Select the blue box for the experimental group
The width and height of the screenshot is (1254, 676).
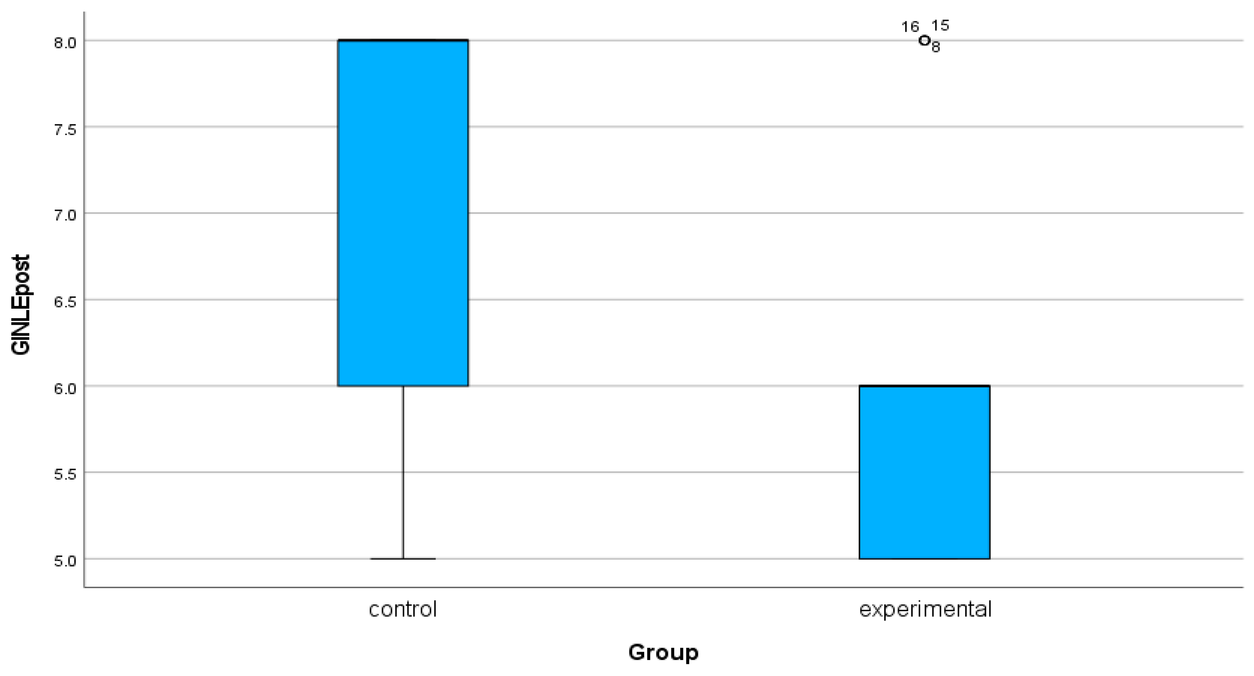[924, 472]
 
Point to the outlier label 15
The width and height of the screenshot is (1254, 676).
[940, 25]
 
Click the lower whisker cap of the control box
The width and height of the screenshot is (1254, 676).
[403, 559]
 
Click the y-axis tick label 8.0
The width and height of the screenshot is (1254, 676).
[65, 43]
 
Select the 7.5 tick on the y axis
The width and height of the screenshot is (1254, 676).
[65, 129]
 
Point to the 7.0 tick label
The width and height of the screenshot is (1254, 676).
[65, 215]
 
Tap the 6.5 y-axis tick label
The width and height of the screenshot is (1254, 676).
[65, 302]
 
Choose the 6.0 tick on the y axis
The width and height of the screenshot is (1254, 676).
[65, 388]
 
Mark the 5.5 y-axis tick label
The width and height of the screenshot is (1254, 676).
[65, 474]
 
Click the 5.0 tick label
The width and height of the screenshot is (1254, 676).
[65, 561]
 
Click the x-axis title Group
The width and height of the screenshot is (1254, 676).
[663, 652]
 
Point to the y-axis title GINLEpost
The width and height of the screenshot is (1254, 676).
[21, 305]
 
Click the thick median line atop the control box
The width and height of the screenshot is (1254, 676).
[403, 40]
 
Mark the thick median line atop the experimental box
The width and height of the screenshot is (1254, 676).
[924, 386]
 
